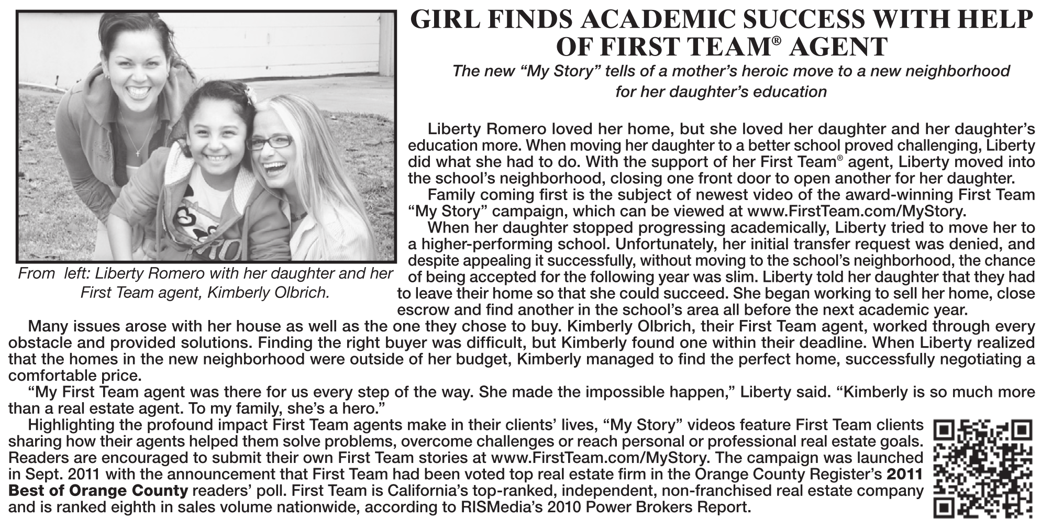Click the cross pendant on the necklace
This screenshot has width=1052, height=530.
[x=138, y=152]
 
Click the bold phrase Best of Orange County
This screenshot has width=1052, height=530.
[x=98, y=491]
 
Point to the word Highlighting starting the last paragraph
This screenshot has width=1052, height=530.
[x=70, y=425]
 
